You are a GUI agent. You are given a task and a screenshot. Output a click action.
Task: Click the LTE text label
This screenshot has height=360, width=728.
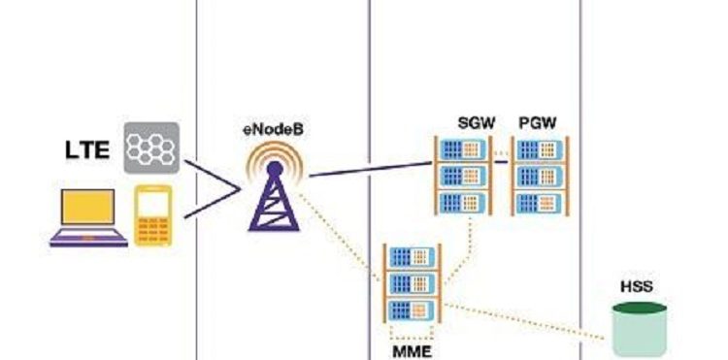[87, 149]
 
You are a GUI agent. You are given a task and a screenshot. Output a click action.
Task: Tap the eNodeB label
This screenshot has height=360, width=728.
[273, 129]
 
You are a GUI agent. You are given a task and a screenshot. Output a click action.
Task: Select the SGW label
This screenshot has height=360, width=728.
[477, 123]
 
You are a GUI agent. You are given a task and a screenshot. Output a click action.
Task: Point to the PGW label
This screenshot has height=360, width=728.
[538, 123]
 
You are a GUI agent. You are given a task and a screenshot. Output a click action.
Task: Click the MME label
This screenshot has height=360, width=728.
[412, 351]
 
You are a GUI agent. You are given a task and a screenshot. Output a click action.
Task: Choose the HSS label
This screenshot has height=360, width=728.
[637, 286]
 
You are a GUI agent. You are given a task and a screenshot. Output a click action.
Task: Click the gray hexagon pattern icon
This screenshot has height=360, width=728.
[151, 148]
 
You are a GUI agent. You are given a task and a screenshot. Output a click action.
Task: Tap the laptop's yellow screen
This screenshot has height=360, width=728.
[88, 207]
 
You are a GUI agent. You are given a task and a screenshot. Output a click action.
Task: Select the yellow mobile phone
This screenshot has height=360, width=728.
[153, 215]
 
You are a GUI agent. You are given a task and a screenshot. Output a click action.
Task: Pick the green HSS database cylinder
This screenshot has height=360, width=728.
[640, 329]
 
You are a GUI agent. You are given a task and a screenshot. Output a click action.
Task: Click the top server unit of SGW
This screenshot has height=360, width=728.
[463, 149]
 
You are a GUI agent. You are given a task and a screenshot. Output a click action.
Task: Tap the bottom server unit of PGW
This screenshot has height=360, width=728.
[539, 203]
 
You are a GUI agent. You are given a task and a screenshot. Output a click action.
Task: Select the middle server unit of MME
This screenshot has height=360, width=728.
[412, 283]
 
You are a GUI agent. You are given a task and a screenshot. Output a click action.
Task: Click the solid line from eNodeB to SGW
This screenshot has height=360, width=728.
[371, 170]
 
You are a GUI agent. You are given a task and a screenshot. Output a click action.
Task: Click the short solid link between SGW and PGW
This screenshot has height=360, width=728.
[501, 162]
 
